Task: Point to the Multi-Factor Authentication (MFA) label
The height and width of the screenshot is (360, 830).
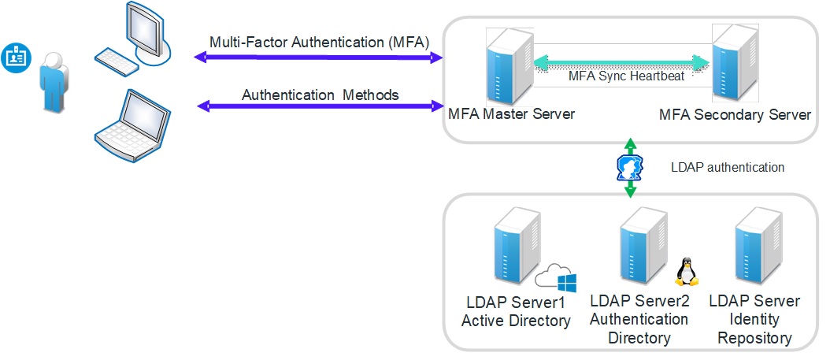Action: point(319,42)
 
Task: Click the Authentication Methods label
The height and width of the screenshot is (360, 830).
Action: point(320,95)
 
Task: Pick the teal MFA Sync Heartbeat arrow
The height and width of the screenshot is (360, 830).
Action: point(617,61)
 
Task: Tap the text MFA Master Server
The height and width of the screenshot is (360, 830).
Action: point(511,113)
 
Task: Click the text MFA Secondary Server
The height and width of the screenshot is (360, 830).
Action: point(735,115)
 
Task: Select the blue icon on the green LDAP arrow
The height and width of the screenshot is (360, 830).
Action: point(629,168)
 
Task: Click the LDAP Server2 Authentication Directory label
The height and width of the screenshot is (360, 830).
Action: point(639,320)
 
